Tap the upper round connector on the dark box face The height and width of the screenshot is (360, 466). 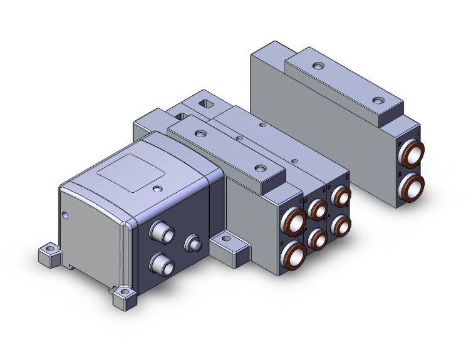tap(160, 233)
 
